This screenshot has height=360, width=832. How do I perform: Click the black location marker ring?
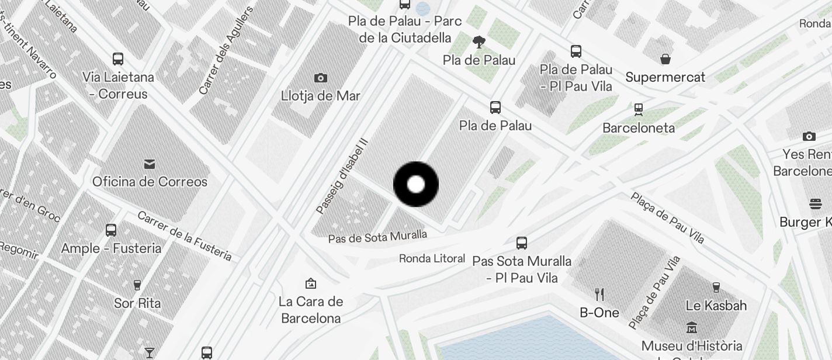[x=416, y=185]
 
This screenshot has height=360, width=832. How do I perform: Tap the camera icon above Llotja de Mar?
[x=320, y=78]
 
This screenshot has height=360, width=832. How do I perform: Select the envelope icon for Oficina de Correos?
[x=150, y=164]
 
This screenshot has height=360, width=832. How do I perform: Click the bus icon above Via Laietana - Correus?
[x=118, y=59]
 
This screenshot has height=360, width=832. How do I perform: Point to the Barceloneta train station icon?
[x=639, y=110]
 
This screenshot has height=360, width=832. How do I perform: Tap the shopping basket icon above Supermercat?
[x=665, y=59]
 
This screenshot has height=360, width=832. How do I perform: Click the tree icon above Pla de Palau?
[x=479, y=42]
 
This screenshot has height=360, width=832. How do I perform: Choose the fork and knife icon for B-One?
[x=599, y=294]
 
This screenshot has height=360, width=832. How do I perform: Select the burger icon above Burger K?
[x=816, y=204]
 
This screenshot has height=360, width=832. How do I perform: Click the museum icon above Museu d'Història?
[x=692, y=327]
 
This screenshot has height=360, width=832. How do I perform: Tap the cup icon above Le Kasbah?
[x=716, y=287]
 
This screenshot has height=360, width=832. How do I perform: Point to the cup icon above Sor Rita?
[x=137, y=285]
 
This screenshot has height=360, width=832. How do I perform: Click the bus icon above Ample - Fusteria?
[x=111, y=230]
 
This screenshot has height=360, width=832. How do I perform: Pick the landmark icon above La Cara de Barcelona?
[x=311, y=284]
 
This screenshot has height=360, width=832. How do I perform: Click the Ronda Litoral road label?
[x=432, y=258]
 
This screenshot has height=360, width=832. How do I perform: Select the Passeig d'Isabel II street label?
[x=342, y=175]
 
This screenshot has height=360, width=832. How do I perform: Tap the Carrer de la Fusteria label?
[x=184, y=235]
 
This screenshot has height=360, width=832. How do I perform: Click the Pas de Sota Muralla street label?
[x=377, y=237]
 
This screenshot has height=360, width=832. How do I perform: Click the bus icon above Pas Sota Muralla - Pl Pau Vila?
[x=522, y=243]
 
